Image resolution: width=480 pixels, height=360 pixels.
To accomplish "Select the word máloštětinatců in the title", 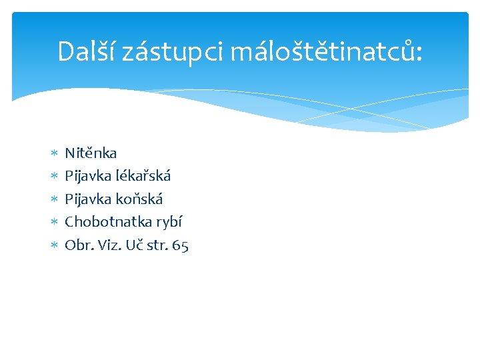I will coord(325,51).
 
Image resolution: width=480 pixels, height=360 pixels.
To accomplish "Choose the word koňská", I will coord(139,199).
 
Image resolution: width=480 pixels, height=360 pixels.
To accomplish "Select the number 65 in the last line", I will coord(180,245).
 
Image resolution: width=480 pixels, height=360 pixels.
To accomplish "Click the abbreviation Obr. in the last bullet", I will coord(78,245).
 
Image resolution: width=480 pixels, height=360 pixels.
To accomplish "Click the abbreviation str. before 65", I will coord(158,245).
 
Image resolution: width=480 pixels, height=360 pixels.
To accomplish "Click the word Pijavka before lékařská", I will coord(87,176).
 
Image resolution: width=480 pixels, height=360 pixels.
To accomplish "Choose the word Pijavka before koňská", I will coord(87,199).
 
